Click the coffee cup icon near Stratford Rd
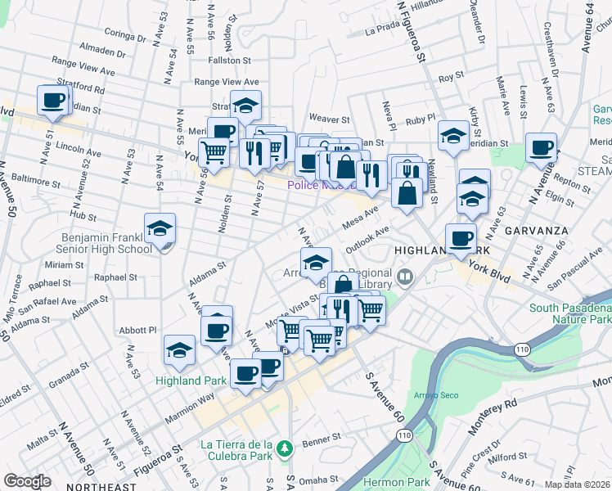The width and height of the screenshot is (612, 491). (x=53, y=101)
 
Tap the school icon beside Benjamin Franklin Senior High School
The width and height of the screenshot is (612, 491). (x=160, y=229)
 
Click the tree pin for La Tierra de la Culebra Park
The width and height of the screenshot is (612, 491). (x=284, y=448)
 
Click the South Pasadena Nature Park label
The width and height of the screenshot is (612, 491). (x=570, y=313)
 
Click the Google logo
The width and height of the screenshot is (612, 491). (x=27, y=481)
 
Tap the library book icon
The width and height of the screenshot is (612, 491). (x=404, y=278)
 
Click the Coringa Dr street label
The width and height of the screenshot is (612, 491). (x=125, y=36)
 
